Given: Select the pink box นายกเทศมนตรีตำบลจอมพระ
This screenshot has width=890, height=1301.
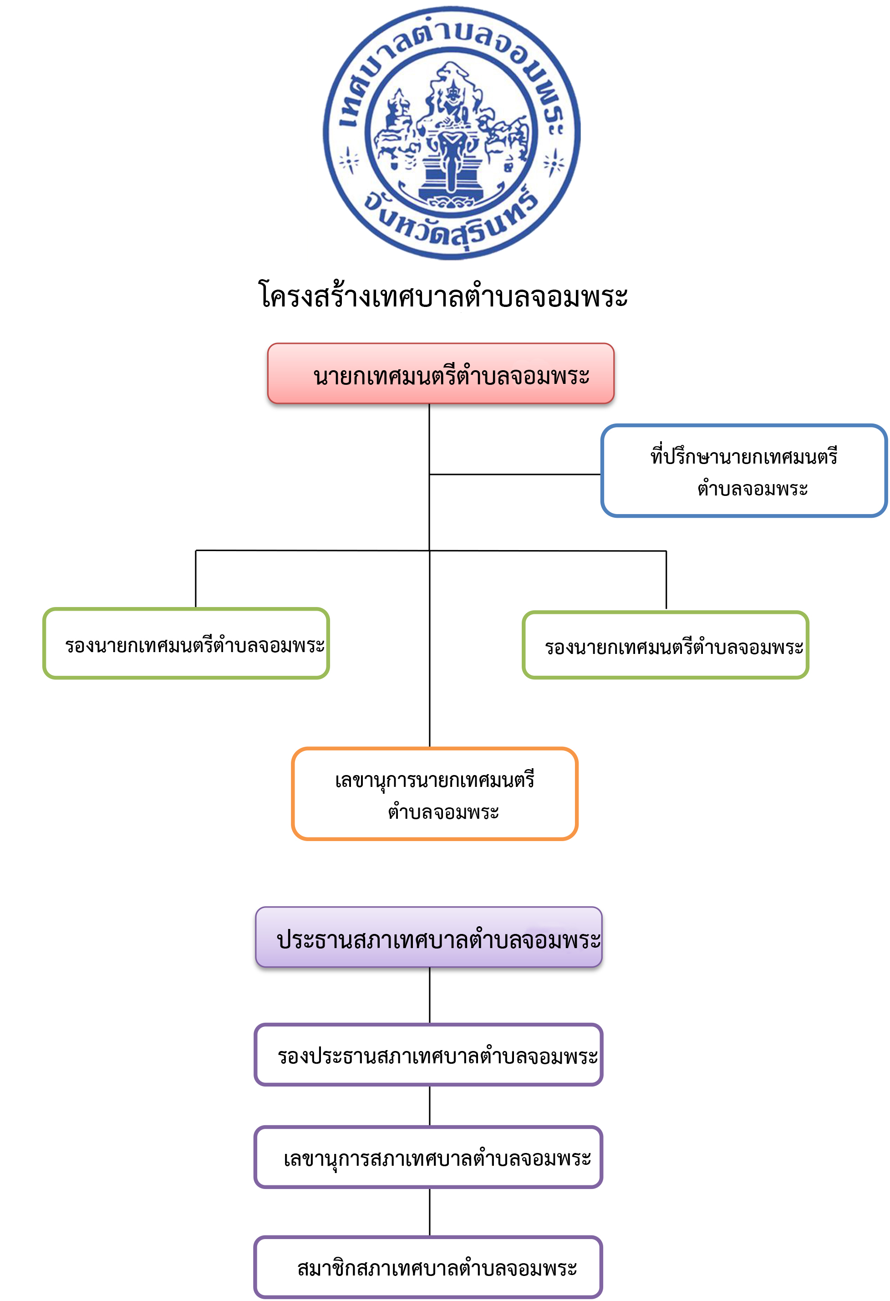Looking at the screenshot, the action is pos(441,373).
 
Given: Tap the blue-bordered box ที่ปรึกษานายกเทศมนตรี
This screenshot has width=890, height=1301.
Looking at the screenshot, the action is pos(744,471).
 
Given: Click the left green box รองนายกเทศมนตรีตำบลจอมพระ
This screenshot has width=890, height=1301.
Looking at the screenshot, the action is pos(186,643).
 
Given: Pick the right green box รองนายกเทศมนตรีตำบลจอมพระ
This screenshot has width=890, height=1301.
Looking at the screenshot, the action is pos(666,645).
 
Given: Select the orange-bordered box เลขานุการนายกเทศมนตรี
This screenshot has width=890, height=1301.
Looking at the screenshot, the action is pos(434,794).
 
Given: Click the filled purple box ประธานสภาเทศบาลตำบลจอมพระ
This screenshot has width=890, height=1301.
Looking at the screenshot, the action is pos(429,937).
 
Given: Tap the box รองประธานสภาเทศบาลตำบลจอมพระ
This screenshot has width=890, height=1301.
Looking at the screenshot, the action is pos(429,1055).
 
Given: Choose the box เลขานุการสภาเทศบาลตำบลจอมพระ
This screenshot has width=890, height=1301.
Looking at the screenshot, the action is pos(429,1157).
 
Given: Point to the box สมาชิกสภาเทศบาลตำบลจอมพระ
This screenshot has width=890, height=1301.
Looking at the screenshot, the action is pos(429,1267).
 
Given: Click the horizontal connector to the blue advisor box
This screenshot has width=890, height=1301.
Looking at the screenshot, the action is pos(515,474).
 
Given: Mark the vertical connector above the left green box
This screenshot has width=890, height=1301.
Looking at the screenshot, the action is pos(195,579).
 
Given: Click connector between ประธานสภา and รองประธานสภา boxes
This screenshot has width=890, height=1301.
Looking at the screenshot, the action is pos(429,995).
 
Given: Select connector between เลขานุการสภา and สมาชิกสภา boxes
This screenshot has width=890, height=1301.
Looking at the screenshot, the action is pos(429,1213).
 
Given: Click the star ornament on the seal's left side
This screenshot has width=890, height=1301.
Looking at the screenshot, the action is pos(349,161).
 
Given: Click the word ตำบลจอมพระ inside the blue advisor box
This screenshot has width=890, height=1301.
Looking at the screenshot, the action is pos(753,488).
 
